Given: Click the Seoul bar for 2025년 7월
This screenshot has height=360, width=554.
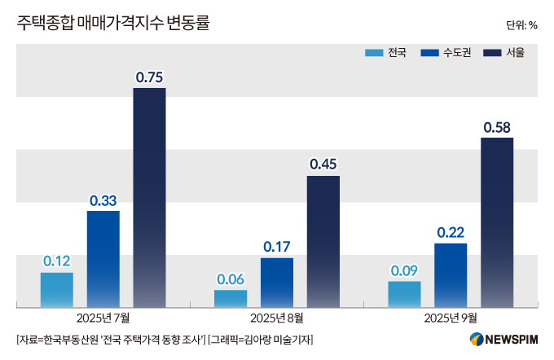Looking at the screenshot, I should [x=149, y=197].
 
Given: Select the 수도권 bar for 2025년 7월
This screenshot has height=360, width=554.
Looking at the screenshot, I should [x=103, y=259].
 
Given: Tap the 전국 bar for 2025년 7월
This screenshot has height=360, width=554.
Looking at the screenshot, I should [x=57, y=290].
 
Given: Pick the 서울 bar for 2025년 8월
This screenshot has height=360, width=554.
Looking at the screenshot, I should [x=323, y=241].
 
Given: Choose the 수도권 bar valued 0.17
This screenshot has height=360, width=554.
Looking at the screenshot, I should [x=277, y=283].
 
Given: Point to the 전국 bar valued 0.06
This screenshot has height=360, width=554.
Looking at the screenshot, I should [x=231, y=299].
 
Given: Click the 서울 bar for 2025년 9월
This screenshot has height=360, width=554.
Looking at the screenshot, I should [x=497, y=222].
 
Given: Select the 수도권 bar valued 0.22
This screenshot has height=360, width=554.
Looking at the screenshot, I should [x=451, y=275].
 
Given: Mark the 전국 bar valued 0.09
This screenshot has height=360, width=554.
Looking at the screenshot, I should [x=405, y=295].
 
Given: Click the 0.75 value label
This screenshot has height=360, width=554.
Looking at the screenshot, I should [x=150, y=78].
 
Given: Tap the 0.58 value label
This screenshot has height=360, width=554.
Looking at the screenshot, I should [x=497, y=128].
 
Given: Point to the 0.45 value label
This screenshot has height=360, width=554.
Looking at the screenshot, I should [x=323, y=165].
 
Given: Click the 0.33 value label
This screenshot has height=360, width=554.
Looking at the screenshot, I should [x=103, y=200].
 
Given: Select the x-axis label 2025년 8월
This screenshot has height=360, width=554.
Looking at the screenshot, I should [x=277, y=317].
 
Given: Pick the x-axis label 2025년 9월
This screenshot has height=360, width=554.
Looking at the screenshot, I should [x=451, y=317].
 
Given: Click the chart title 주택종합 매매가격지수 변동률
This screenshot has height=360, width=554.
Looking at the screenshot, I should [x=112, y=24].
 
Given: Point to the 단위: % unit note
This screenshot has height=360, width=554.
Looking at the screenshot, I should [x=521, y=25].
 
